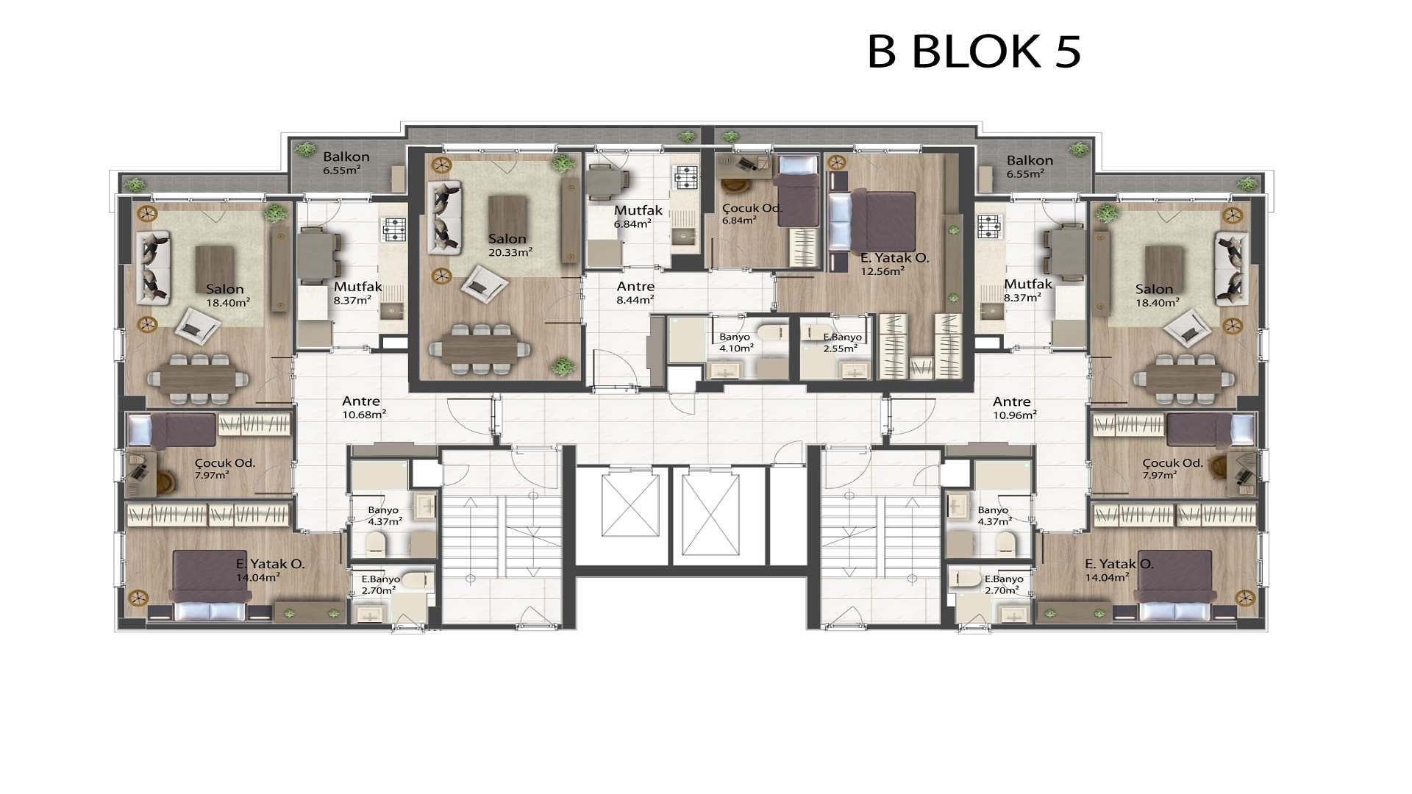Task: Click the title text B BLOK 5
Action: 974,51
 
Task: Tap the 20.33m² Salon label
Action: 509,245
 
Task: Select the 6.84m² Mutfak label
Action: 638,216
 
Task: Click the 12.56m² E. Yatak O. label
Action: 894,264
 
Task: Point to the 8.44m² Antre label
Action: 635,293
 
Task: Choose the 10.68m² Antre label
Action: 363,407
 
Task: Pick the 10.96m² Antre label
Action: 1013,408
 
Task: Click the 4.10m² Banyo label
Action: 735,343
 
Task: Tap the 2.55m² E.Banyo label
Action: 841,343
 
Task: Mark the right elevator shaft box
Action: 710,515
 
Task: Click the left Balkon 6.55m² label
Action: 346,164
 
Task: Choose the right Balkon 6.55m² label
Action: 1030,167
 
